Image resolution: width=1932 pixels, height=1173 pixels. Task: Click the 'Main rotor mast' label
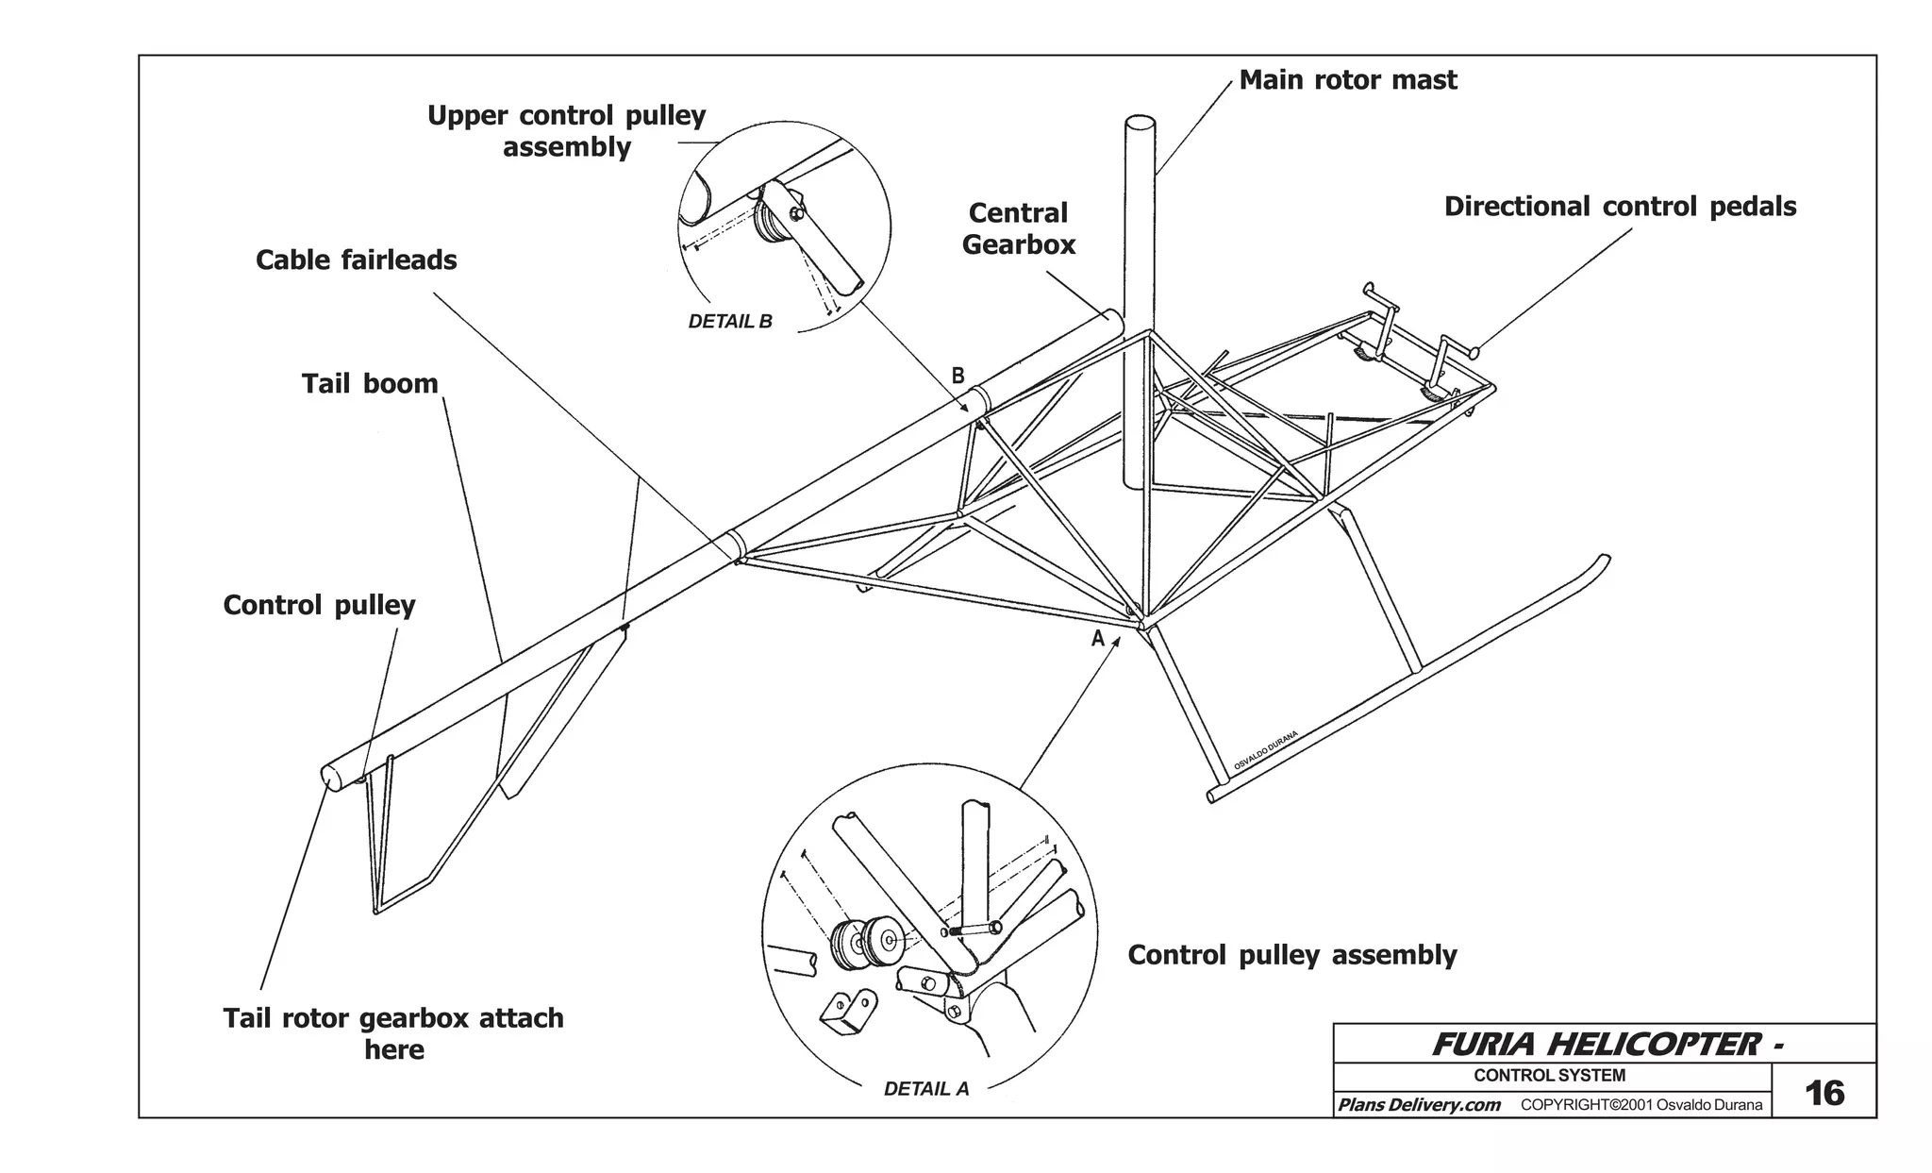(1347, 80)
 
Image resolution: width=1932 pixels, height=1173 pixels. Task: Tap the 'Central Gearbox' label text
(1018, 229)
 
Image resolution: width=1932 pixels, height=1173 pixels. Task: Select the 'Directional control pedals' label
(1620, 207)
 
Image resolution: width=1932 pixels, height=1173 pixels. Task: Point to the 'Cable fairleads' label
(356, 260)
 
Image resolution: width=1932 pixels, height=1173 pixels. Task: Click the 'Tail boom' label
(370, 384)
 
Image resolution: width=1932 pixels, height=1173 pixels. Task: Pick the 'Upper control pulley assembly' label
(566, 131)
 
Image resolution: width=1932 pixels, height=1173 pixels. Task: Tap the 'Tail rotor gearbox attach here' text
(393, 1033)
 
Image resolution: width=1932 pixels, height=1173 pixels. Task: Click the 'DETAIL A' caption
(925, 1089)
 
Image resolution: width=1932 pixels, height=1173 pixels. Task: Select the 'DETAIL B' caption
(729, 322)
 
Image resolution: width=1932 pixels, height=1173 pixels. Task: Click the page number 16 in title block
(1824, 1093)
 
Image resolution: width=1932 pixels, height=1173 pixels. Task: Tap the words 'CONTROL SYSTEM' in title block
(1549, 1075)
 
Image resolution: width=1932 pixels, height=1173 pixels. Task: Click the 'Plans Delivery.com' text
(1418, 1105)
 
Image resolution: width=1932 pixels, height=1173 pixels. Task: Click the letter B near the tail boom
(958, 376)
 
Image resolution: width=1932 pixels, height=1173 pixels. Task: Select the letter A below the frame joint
(1097, 639)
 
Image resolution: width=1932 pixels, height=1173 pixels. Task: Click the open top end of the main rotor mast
(1140, 124)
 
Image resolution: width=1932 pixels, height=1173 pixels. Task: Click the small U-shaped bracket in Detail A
(848, 1014)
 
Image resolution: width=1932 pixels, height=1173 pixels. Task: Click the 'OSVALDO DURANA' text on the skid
(1266, 752)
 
